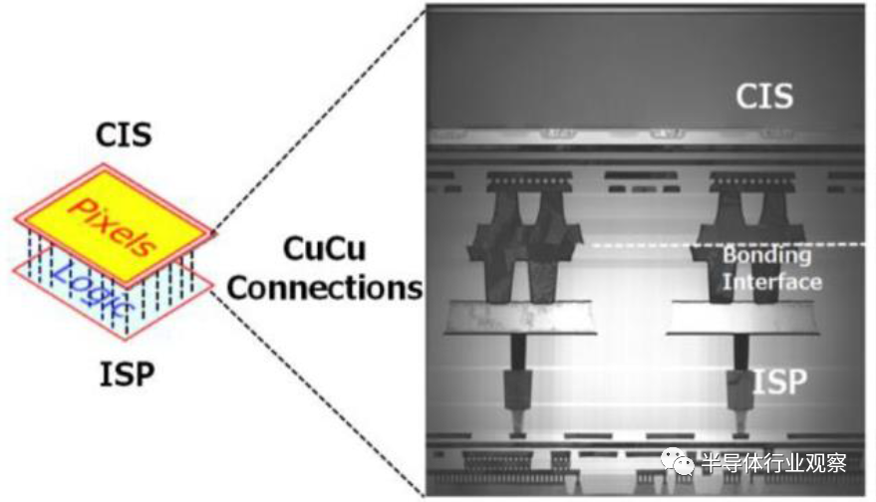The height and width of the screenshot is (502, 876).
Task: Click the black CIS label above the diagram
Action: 124,135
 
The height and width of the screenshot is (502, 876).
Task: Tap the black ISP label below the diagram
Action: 127,375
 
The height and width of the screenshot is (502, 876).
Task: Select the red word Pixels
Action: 113,225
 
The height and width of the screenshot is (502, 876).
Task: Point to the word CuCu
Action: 325,249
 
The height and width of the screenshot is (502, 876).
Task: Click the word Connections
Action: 325,288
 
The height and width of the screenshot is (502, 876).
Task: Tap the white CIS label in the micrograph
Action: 764,96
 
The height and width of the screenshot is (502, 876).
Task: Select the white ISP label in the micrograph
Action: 780,381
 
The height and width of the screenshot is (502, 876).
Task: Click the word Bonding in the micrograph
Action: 767,255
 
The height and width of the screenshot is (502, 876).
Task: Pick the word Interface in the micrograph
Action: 772,281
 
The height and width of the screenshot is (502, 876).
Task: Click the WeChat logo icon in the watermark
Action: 678,461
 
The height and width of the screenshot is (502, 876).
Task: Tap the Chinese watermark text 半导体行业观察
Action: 774,463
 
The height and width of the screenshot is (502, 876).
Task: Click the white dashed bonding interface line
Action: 728,245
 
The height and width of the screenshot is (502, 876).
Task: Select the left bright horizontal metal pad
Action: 520,317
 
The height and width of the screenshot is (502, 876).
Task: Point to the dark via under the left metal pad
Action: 518,352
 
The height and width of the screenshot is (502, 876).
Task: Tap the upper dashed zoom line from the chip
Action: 320,119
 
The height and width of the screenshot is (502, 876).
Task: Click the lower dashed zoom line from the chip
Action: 319,393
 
